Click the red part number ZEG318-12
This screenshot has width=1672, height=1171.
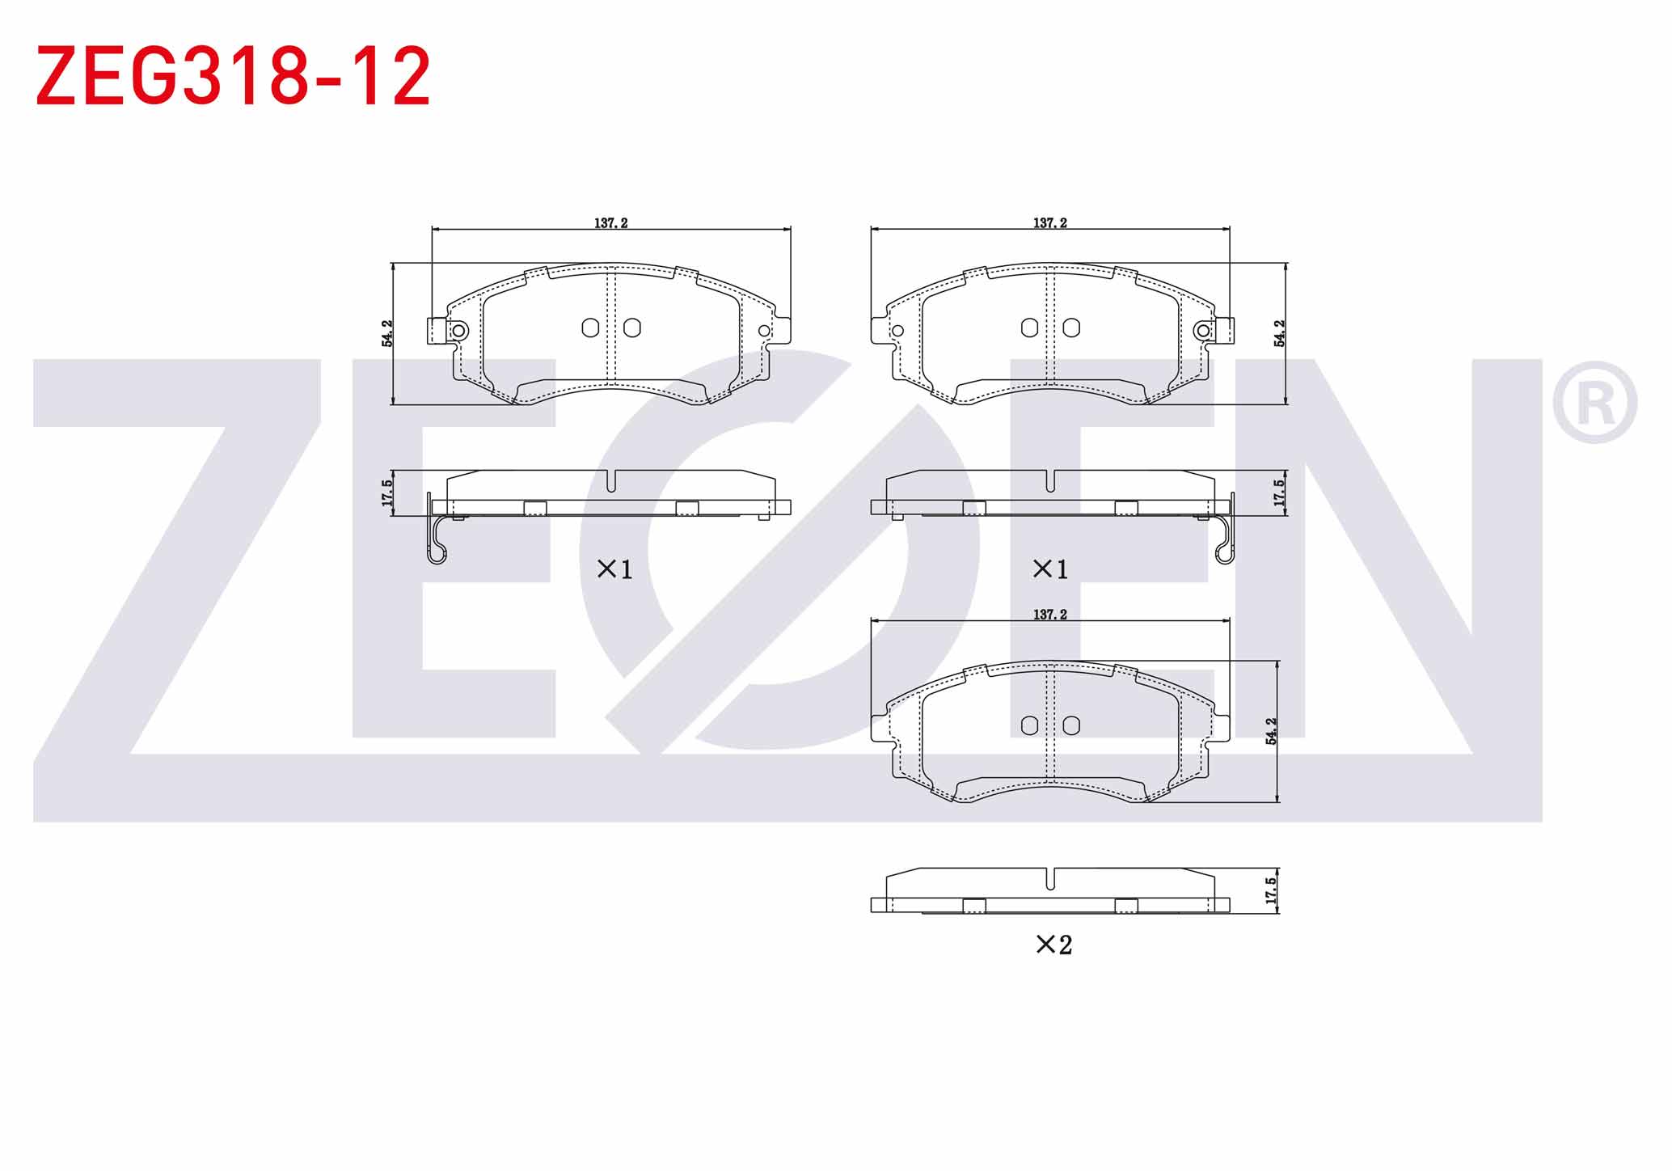[x=233, y=77]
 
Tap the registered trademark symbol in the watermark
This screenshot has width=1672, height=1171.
[x=1594, y=402]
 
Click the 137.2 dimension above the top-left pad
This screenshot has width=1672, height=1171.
[x=611, y=223]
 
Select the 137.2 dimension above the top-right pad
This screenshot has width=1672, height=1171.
[x=1050, y=223]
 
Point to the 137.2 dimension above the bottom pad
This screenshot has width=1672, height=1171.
[x=1050, y=615]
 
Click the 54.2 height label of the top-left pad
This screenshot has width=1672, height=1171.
[x=387, y=334]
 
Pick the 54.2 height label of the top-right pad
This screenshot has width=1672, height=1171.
[x=1279, y=334]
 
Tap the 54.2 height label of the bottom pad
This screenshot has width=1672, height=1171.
[x=1271, y=731]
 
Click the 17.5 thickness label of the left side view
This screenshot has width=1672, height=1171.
[x=387, y=493]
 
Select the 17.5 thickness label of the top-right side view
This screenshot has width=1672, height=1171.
[x=1279, y=493]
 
